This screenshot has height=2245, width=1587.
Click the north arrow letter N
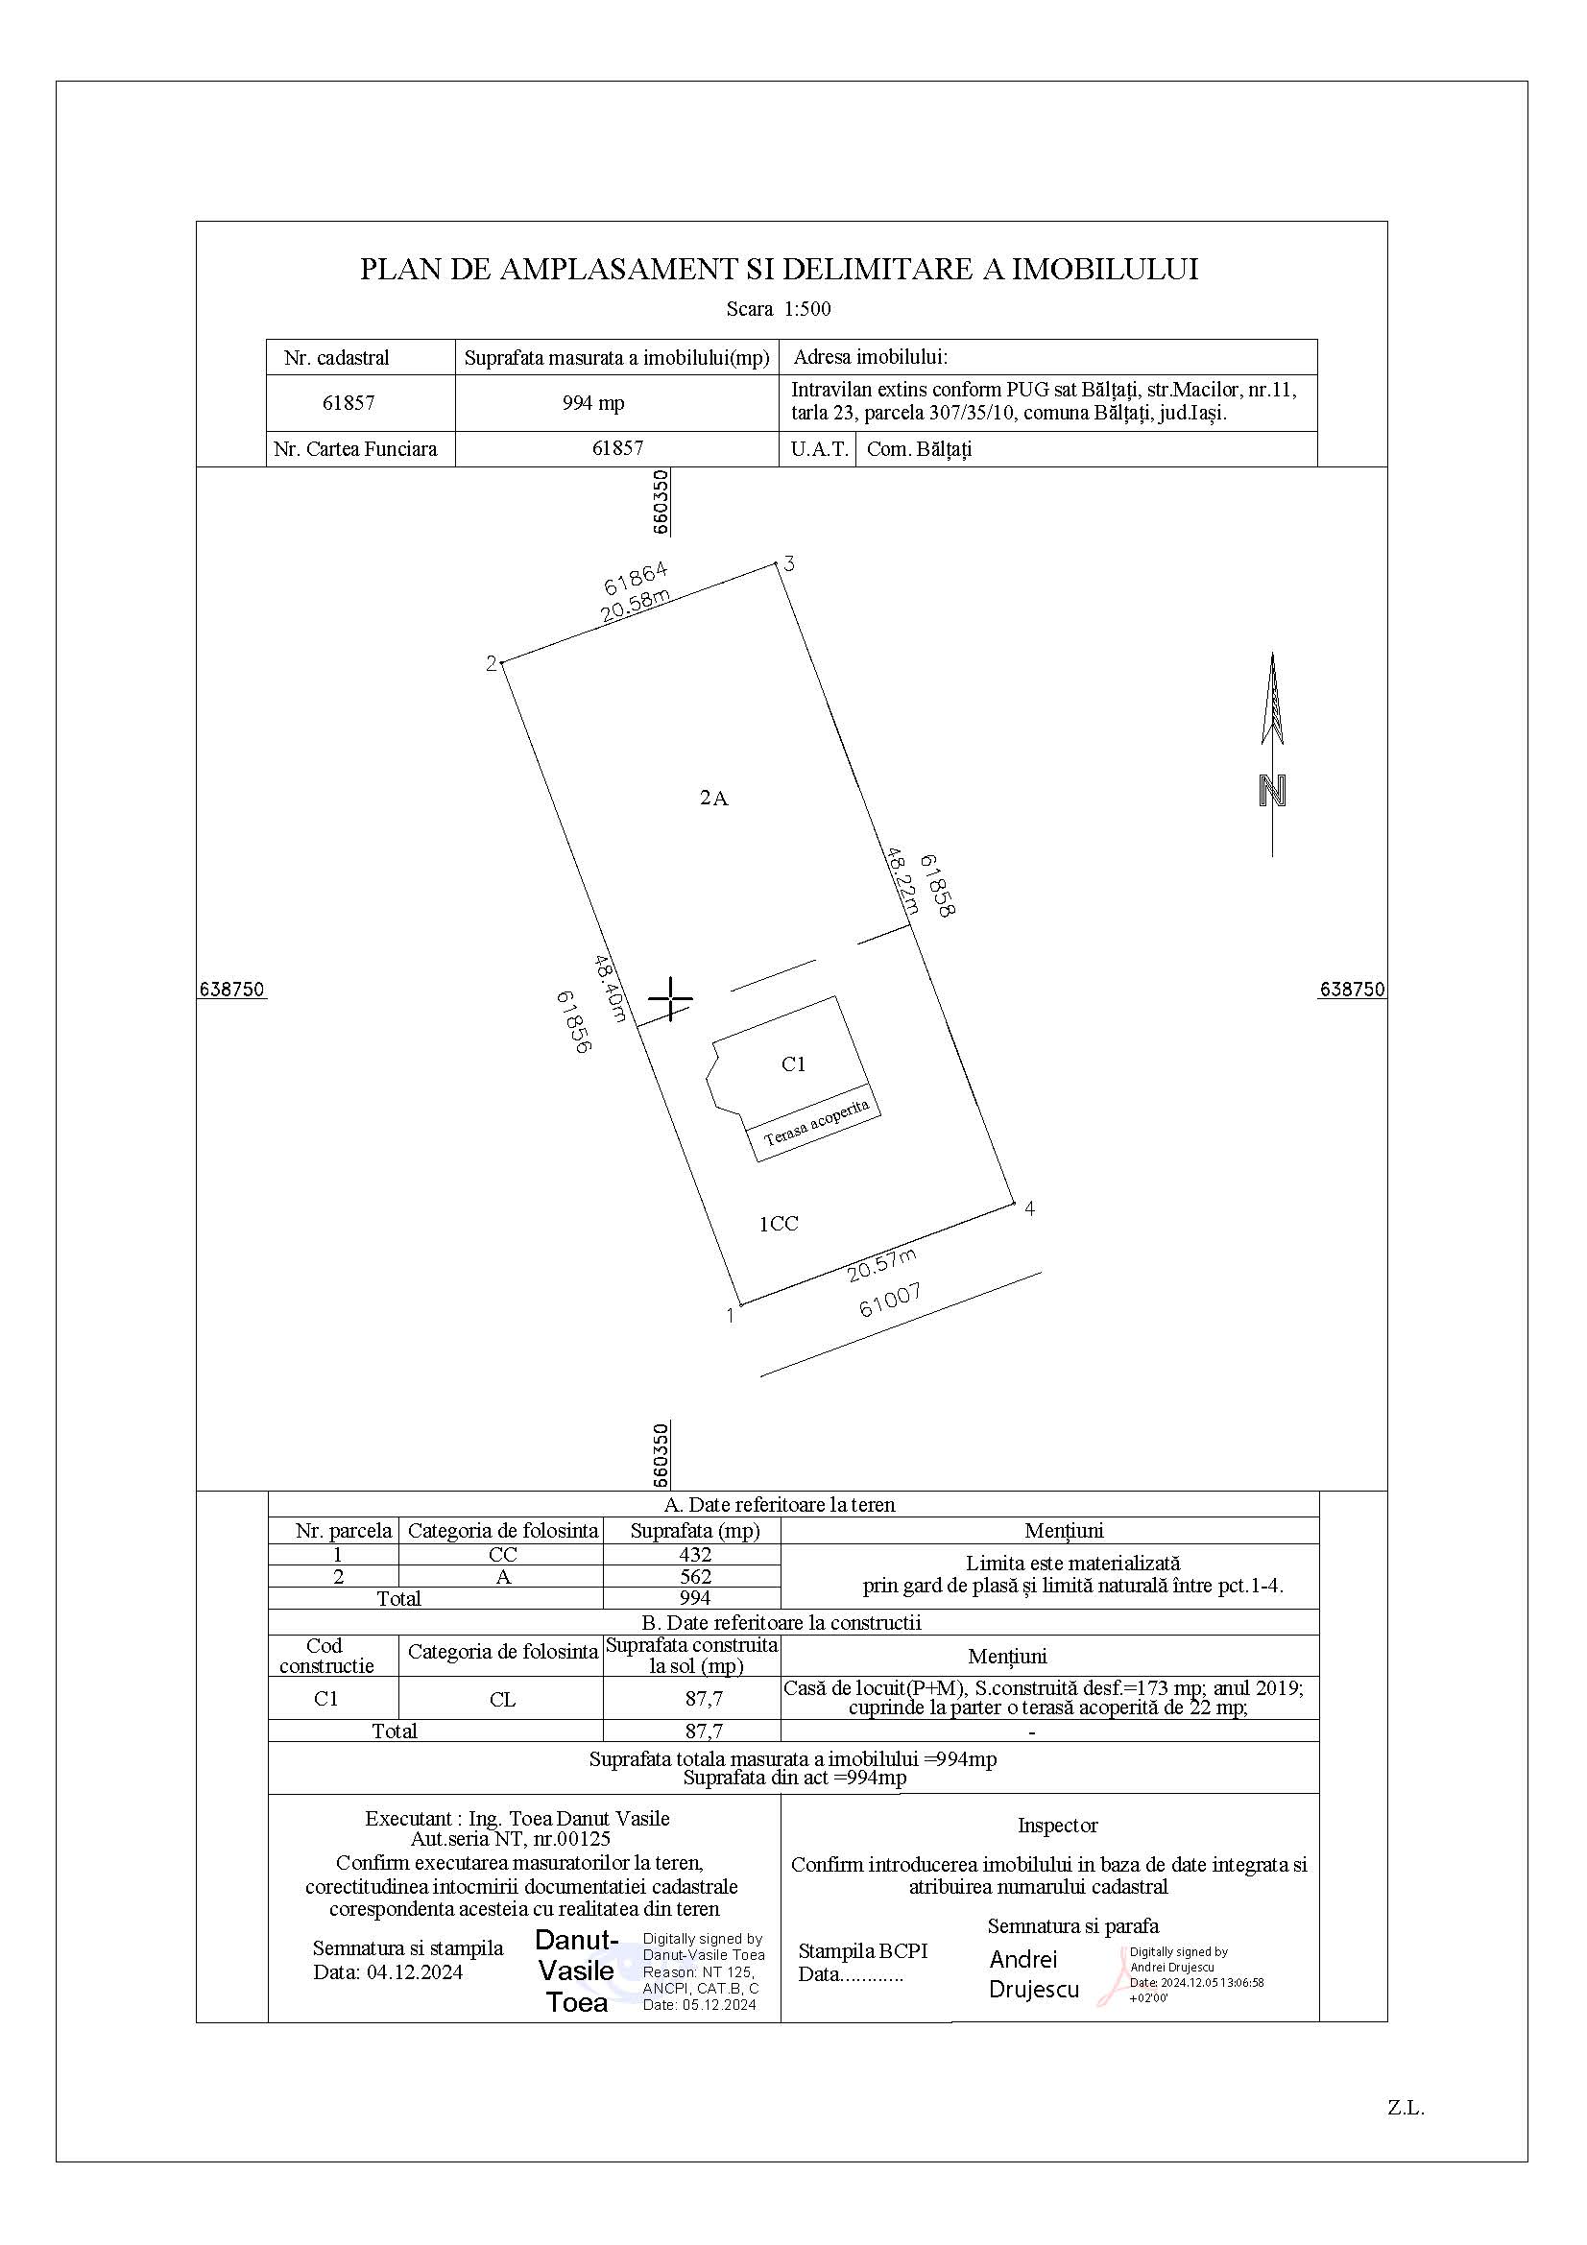[1272, 791]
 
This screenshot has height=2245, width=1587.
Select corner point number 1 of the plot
[741, 1303]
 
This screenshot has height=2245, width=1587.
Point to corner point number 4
[1013, 1204]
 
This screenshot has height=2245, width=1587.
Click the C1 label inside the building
[793, 1063]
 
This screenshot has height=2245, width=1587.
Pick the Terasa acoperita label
[815, 1121]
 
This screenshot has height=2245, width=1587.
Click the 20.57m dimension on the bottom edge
[882, 1264]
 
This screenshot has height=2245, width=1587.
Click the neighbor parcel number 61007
[891, 1301]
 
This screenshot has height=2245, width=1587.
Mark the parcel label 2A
[713, 798]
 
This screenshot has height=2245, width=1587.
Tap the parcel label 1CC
[780, 1223]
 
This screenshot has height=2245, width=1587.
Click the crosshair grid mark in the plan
[671, 998]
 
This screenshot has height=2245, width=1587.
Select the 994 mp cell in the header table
[593, 403]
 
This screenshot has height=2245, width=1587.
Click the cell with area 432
[692, 1555]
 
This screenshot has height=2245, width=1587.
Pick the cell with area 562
[692, 1576]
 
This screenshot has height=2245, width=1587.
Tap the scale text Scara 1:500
[779, 309]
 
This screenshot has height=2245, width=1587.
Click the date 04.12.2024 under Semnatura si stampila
[415, 1972]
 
